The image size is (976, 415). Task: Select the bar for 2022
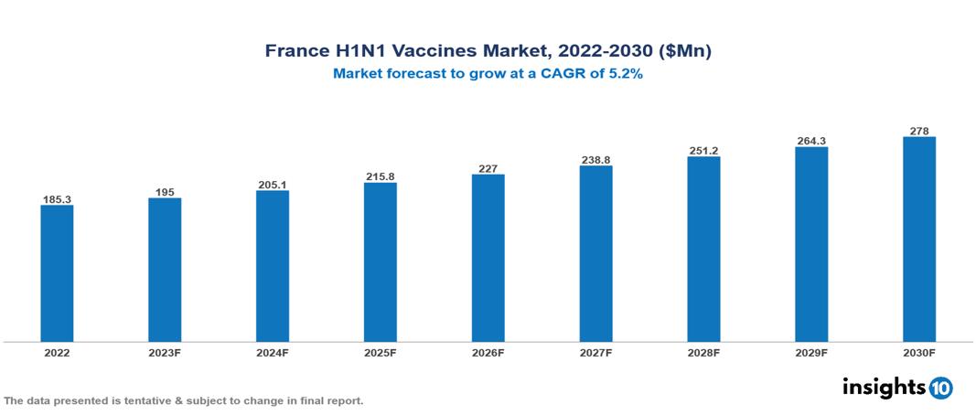(x=57, y=273)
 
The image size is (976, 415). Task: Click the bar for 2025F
(x=380, y=262)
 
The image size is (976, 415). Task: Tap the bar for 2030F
(x=919, y=239)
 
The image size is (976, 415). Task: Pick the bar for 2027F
(x=595, y=254)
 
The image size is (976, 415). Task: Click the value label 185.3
(x=57, y=198)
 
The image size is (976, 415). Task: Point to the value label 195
(x=165, y=192)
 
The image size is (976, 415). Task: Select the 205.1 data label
(x=273, y=185)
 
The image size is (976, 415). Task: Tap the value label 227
(x=488, y=168)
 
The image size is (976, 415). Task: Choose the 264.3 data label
(x=811, y=141)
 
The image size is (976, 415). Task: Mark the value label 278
(x=919, y=131)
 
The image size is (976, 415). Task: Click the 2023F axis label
(x=165, y=352)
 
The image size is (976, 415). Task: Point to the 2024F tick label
(x=273, y=352)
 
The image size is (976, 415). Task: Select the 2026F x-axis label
(x=488, y=352)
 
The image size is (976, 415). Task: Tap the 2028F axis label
(x=703, y=352)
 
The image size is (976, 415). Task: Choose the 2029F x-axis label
(x=811, y=352)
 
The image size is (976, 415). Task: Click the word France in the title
(x=295, y=51)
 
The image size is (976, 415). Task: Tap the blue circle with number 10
(x=940, y=388)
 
